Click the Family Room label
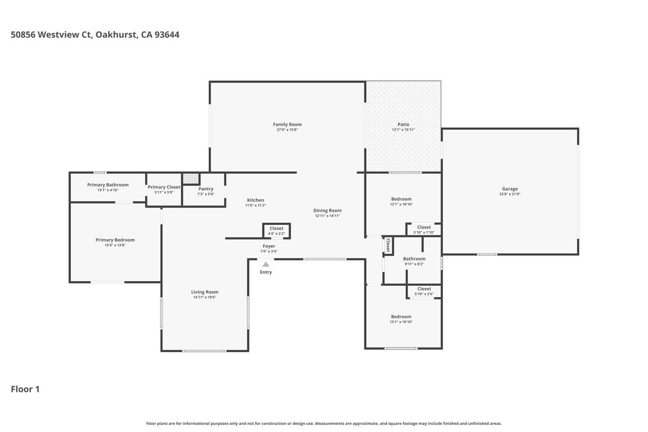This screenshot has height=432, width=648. click(x=287, y=125)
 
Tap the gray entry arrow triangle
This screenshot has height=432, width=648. click(x=266, y=264)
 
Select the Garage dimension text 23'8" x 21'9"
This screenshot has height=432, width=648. click(x=510, y=194)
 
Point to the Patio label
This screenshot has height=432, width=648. click(x=403, y=125)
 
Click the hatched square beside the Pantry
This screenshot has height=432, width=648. click(x=191, y=179)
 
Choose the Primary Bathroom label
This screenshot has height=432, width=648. click(x=108, y=185)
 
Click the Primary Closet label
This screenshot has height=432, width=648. click(x=164, y=187)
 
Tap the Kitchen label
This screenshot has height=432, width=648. click(x=255, y=200)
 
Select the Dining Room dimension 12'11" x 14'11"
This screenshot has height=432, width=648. click(x=327, y=216)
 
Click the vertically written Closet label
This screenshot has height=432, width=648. click(x=388, y=246)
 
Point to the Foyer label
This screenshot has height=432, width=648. click(x=269, y=246)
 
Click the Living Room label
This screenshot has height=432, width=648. click(x=205, y=292)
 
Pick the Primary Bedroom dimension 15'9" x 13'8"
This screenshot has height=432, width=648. click(x=115, y=245)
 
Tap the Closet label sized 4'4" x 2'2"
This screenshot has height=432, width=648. click(x=276, y=228)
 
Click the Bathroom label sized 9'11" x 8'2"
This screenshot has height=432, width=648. click(x=414, y=259)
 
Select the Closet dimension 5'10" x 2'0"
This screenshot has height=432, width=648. click(x=424, y=294)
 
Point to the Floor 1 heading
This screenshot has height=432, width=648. click(x=25, y=389)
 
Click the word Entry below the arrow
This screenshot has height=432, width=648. click(x=266, y=272)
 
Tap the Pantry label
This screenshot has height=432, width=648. click(x=206, y=189)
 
